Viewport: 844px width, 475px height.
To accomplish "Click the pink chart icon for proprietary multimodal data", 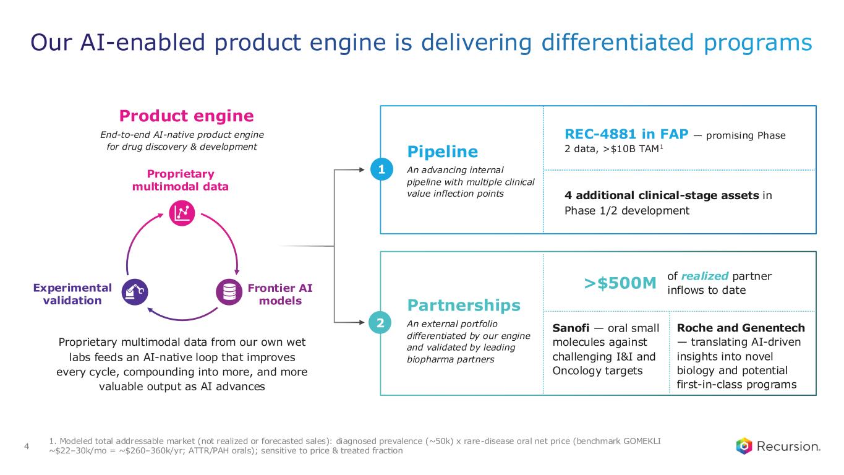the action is [182, 213].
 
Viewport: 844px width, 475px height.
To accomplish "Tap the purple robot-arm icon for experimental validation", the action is [135, 292].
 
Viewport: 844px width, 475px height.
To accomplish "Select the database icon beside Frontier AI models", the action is [229, 292].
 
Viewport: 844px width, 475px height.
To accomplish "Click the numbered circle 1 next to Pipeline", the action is [382, 169].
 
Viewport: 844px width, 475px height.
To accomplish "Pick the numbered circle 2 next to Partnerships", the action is [380, 323].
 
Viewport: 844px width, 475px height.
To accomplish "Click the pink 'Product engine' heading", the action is [187, 116].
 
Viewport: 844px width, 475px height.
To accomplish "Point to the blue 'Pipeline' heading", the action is [443, 152].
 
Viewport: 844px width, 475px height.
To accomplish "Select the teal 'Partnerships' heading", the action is [464, 305].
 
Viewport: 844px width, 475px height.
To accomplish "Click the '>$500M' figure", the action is [620, 283].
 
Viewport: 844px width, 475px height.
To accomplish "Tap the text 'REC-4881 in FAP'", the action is [626, 134].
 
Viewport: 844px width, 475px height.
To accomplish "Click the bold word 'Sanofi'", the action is [571, 328].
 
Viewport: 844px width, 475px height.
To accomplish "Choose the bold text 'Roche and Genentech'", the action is [741, 328].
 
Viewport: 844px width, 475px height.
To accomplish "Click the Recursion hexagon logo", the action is [744, 446].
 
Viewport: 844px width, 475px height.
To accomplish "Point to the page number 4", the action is [27, 447].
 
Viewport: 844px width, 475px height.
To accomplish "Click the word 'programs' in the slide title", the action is [757, 42].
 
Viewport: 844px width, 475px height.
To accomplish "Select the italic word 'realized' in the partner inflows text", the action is [705, 276].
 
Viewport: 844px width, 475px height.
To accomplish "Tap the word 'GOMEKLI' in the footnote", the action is [642, 441].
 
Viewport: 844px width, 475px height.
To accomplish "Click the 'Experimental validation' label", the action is [72, 294].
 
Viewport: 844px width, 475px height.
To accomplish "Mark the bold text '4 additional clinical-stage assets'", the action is [662, 195].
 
